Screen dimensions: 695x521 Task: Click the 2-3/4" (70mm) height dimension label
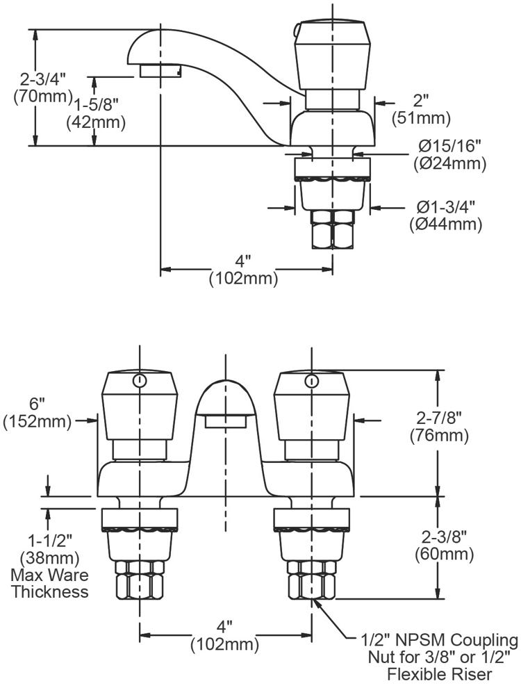click(x=43, y=86)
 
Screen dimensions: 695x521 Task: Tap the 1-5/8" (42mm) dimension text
click(x=96, y=113)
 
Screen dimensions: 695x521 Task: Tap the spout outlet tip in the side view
click(x=160, y=71)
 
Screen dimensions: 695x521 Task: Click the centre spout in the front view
click(x=225, y=407)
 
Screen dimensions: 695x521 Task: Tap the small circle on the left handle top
click(x=140, y=380)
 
